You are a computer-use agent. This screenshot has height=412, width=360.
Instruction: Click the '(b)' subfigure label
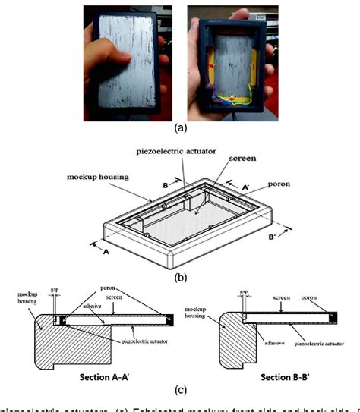179,278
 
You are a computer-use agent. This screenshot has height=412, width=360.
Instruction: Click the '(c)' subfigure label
179,390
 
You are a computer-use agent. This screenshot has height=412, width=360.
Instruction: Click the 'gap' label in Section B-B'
243,291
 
